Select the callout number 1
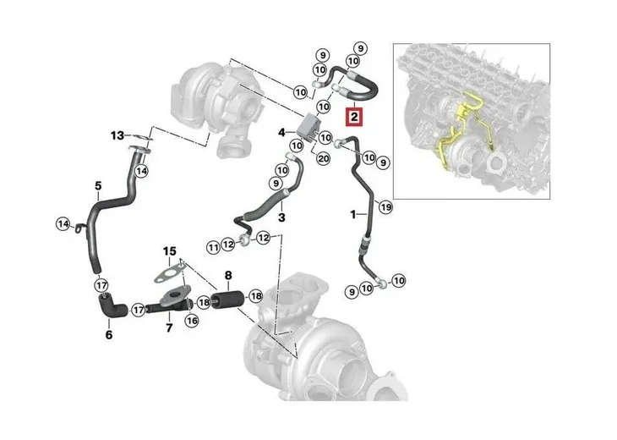click(x=353, y=214)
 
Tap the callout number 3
click(x=281, y=218)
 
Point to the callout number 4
click(x=282, y=132)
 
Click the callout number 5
click(x=97, y=185)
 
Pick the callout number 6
click(x=108, y=335)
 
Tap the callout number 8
click(x=227, y=275)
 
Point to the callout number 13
click(x=117, y=135)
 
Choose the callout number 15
click(x=170, y=250)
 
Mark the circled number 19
click(x=386, y=206)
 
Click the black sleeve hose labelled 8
click(x=228, y=300)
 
